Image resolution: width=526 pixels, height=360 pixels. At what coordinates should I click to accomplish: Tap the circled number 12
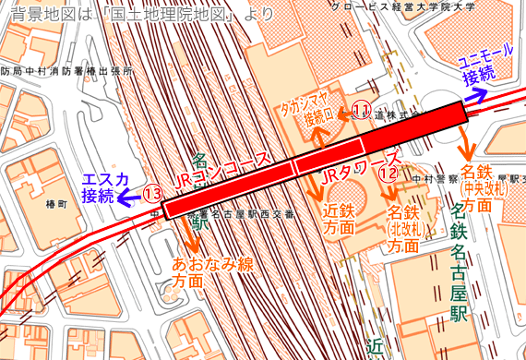(389, 171)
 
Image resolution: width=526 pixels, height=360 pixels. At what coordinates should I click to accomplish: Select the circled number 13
(153, 194)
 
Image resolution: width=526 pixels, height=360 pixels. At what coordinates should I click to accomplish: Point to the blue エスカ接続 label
(100, 186)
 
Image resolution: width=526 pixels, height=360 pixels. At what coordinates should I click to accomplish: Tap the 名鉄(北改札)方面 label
(403, 231)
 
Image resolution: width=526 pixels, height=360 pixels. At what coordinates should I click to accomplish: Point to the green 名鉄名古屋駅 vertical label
(457, 268)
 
